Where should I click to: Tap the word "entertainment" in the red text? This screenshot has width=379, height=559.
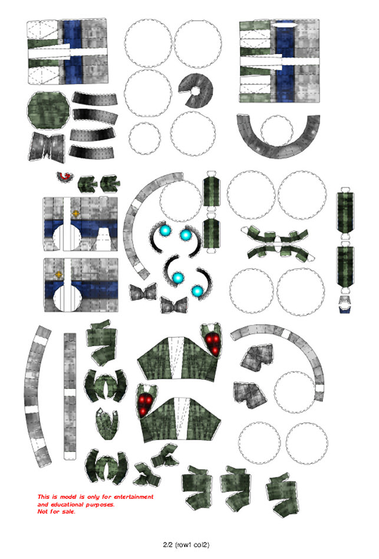134,496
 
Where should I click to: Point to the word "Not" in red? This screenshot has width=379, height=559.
43,512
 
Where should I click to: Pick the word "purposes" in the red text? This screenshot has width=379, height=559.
100,505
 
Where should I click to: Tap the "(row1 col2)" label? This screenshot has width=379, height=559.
192,545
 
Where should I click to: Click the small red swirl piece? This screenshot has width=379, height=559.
64,176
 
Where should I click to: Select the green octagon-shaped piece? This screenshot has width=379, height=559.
48,110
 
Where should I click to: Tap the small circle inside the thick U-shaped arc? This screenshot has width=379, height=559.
277,131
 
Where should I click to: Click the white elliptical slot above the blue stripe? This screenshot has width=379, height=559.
284,24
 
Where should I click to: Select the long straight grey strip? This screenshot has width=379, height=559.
70,396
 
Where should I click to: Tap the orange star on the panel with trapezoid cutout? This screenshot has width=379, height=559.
75,213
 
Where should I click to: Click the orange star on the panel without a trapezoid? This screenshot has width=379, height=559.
59,275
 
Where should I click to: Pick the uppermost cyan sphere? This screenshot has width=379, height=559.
164,231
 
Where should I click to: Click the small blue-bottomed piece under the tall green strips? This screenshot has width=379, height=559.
345,304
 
